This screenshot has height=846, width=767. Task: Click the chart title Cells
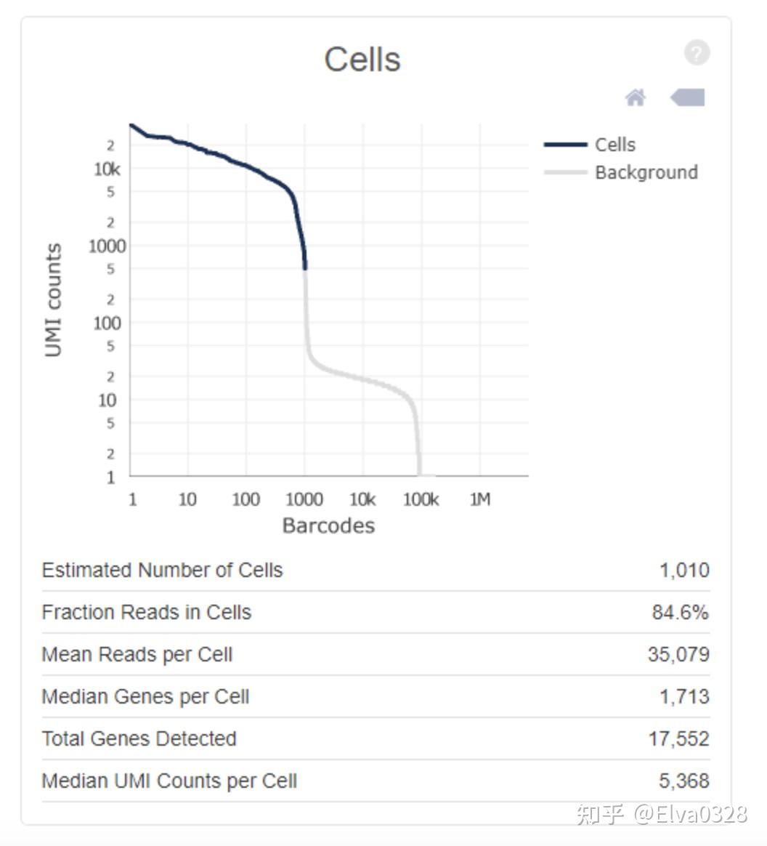362,60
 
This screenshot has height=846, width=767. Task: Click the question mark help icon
696,53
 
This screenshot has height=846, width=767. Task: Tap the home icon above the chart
636,97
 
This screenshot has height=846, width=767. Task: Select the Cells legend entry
614,145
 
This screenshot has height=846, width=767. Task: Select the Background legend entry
645,172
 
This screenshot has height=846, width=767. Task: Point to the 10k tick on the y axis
107,169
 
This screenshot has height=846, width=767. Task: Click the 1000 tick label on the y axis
107,246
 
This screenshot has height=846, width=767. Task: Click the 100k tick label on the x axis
421,499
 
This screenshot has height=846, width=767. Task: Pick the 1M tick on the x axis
479,499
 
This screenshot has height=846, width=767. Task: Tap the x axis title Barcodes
328,525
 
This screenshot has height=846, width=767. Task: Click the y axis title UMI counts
53,300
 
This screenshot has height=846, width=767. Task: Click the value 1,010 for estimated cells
684,570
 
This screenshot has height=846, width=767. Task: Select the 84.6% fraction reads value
680,612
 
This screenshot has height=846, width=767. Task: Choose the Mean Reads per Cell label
137,654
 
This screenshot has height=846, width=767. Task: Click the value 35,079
678,654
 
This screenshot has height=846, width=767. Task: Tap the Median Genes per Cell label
145,696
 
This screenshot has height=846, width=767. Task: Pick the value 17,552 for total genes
678,738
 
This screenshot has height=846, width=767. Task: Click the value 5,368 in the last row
684,781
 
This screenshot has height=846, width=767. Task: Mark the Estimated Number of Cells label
162,570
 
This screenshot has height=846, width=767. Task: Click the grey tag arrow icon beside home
688,97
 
